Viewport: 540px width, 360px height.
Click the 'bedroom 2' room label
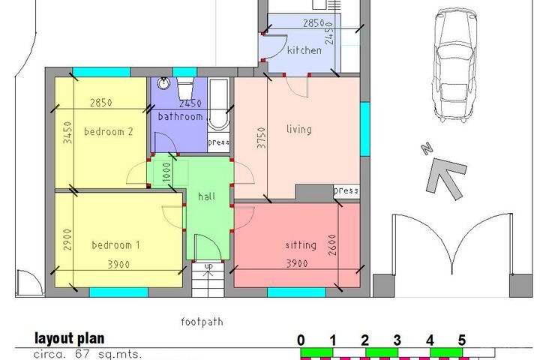tap(108, 131)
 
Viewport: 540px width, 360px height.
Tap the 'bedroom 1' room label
tap(115, 245)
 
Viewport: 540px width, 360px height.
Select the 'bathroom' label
tap(180, 117)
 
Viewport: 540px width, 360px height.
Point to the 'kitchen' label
tap(304, 51)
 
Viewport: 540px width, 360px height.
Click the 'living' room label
tap(298, 129)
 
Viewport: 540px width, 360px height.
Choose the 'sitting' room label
tap(301, 245)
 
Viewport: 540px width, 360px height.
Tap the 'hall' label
tap(207, 196)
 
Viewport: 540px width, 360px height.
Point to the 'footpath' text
tap(202, 322)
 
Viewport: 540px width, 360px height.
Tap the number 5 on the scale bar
tap(462, 340)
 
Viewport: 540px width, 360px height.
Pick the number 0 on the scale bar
tap(301, 340)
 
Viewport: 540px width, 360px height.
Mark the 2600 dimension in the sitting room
tap(331, 244)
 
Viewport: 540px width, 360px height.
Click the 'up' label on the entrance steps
tap(208, 266)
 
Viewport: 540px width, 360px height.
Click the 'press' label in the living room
tap(345, 190)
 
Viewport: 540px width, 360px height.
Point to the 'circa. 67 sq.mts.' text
tap(88, 354)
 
